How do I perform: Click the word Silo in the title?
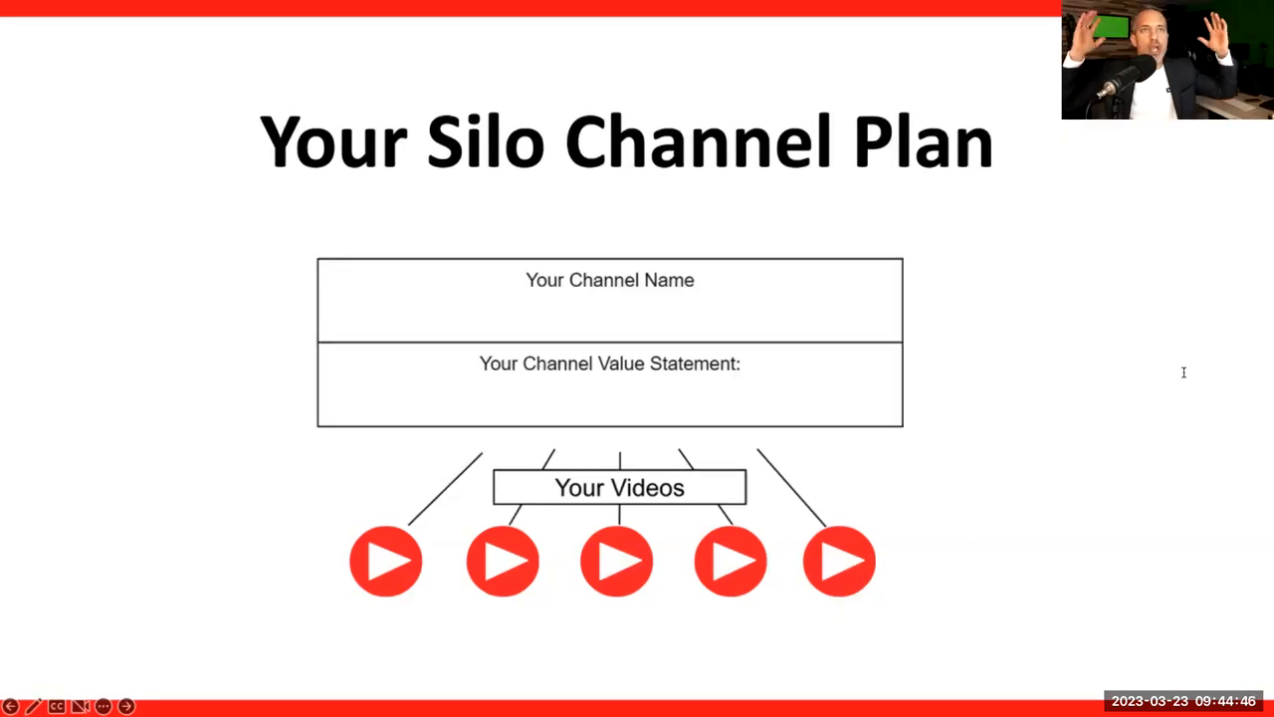point(485,141)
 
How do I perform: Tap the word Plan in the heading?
point(924,141)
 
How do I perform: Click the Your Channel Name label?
point(610,280)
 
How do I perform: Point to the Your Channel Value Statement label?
point(610,363)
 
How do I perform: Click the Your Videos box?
point(619,487)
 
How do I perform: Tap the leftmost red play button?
point(386,561)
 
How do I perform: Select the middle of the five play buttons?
point(616,561)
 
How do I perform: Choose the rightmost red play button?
point(839,561)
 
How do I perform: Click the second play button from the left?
point(503,561)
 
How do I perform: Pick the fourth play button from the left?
point(731,561)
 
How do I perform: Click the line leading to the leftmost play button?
point(445,489)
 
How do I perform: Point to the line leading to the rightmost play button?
point(791,488)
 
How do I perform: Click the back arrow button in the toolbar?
point(11,706)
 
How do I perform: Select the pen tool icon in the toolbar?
point(34,706)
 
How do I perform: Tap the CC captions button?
point(57,706)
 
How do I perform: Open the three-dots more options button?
point(103,706)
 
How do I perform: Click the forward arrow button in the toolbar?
point(126,706)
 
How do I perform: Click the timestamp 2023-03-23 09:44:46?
point(1183,701)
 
